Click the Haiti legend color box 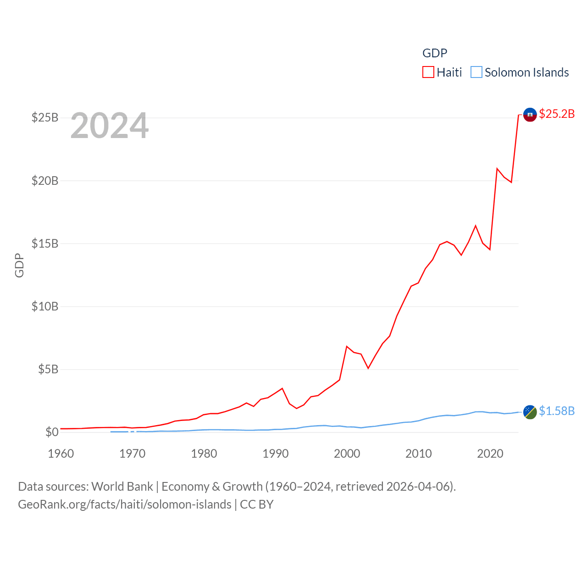428,72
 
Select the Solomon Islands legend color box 476,72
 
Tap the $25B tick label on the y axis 45,118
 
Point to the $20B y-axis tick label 45,181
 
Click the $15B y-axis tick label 45,244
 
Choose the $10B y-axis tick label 45,306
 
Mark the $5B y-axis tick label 48,369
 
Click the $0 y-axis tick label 52,432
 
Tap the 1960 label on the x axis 61,454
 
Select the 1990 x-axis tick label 276,454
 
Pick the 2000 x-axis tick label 347,454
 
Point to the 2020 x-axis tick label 490,454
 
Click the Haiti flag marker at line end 530,115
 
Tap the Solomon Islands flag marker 530,412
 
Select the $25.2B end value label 557,114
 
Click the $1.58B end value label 557,411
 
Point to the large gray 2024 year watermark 110,126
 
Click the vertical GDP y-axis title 19,265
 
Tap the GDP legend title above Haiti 434,53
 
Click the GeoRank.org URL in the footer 125,504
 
